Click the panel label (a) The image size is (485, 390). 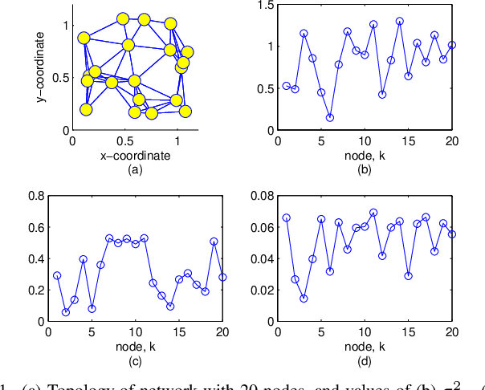point(134,169)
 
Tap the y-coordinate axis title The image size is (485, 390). point(40,66)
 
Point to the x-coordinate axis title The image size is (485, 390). point(134,156)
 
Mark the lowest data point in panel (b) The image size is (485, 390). point(330,118)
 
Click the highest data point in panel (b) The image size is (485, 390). point(400,22)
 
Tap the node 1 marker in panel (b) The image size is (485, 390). point(286,86)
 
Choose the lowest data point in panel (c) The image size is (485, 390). point(66,312)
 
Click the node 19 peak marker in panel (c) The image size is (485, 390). point(214,241)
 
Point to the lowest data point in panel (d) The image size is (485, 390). point(304,299)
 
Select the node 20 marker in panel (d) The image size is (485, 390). point(452,234)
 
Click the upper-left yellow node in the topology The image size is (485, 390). point(84,38)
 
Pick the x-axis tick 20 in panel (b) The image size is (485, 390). point(452,141)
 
